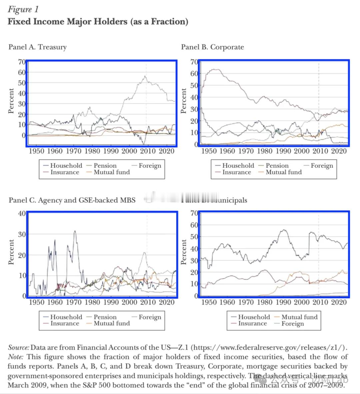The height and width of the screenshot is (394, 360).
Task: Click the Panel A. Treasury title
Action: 37,47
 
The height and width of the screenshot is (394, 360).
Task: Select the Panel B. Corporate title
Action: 212,47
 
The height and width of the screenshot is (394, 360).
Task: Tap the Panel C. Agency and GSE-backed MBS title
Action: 72,200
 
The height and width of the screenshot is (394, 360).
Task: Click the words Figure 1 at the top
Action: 23,9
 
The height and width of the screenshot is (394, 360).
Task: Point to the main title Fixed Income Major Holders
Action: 98,22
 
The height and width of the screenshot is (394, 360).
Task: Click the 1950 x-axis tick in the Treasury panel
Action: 36,151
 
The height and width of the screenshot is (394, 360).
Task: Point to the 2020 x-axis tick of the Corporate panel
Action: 339,151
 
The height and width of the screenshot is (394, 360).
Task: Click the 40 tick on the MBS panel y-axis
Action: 22,213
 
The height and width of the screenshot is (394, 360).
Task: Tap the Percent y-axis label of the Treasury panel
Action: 11,101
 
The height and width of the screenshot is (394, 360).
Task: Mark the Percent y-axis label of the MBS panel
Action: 11,252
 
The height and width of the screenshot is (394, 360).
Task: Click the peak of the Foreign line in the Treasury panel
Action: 145,76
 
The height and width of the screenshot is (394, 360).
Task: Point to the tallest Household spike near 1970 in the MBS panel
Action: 75,231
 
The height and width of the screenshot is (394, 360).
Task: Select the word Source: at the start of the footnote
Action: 18,347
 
